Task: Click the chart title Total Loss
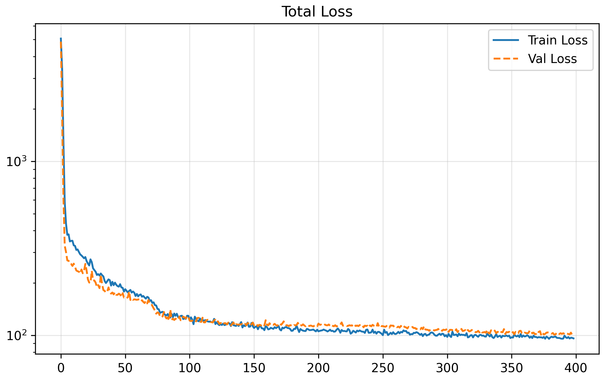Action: point(317,12)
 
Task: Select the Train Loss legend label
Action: point(557,40)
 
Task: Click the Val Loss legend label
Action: point(552,59)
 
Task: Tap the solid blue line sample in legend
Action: point(506,40)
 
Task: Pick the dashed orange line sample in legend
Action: point(506,59)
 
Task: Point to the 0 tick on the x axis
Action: point(61,368)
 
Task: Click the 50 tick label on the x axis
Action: point(125,368)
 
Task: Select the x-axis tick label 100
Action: point(190,368)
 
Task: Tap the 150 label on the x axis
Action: point(254,368)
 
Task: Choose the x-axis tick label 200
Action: point(318,368)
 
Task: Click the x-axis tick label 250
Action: point(383,368)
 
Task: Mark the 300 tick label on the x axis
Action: point(447,368)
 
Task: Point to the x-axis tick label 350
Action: point(511,368)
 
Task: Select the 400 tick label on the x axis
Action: point(576,368)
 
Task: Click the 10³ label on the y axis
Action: point(16,162)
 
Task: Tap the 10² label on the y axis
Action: point(16,336)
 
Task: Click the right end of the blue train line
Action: point(574,339)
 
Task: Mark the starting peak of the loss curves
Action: point(61,39)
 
